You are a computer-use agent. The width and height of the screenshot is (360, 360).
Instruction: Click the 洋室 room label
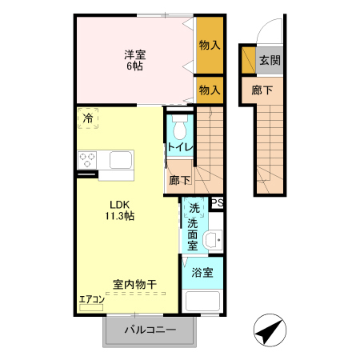tap(134, 54)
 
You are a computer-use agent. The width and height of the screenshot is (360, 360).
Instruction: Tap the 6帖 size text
tap(134, 66)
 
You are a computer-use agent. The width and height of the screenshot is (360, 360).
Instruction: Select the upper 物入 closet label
tap(210, 46)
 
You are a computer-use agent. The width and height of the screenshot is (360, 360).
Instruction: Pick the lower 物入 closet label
tap(210, 90)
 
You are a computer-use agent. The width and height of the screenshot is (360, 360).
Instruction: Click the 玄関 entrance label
tap(270, 61)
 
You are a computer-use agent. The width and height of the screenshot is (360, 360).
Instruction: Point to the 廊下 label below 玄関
tap(262, 90)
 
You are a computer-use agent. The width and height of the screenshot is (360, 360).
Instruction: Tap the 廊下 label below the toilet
tap(179, 181)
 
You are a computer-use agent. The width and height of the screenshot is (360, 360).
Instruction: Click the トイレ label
tap(178, 148)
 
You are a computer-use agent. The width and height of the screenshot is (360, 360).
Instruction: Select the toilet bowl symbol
tap(179, 127)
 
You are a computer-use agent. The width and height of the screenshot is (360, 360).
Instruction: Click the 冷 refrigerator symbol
tap(88, 118)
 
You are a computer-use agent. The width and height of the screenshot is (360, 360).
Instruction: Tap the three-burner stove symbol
tap(86, 159)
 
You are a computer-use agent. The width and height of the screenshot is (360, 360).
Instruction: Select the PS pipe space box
tap(217, 203)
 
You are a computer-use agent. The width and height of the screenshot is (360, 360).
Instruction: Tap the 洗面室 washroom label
tap(193, 227)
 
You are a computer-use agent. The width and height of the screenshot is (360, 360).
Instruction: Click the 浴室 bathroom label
tap(202, 272)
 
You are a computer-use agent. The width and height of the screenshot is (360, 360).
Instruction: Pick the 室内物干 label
tap(134, 284)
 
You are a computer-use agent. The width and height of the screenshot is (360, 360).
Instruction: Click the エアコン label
tap(92, 301)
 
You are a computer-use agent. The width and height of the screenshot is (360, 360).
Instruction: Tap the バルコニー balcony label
tap(150, 330)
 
